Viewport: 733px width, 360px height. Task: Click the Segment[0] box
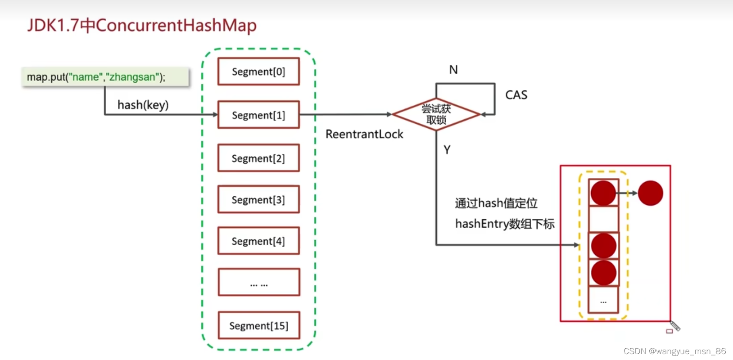click(258, 72)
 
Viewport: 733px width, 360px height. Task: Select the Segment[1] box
click(258, 115)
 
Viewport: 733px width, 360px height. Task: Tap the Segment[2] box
click(258, 158)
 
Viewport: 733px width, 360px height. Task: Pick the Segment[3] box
click(258, 199)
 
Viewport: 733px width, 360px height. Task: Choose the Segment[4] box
click(258, 241)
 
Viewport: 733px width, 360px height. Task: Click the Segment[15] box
click(258, 325)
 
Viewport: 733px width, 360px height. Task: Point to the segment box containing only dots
click(258, 282)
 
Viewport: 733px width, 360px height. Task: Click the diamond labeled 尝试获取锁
click(436, 114)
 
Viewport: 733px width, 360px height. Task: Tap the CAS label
click(516, 95)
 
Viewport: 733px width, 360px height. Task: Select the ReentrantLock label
click(364, 134)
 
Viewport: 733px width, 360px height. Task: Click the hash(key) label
click(143, 105)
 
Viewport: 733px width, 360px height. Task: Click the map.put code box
click(104, 77)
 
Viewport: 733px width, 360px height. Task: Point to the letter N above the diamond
click(453, 70)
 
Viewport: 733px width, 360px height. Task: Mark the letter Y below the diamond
click(447, 149)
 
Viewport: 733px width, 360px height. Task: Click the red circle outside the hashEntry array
click(650, 193)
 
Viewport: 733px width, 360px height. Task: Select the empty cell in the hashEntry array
click(603, 219)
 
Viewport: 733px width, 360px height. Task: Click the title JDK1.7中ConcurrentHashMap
click(142, 25)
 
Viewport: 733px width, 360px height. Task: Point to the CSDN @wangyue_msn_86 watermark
click(674, 351)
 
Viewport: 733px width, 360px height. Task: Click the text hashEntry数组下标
click(505, 224)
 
